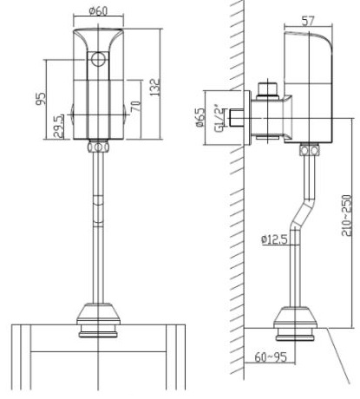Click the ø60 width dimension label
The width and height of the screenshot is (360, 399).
tap(96, 11)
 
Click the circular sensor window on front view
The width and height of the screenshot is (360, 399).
tap(98, 61)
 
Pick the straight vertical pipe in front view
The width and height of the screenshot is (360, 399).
tap(98, 226)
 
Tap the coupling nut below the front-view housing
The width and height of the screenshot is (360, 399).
tap(98, 148)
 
